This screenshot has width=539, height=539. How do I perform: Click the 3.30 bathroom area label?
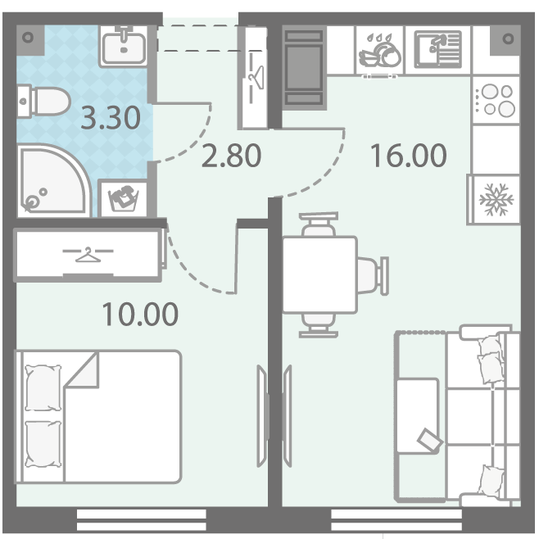[x=111, y=118]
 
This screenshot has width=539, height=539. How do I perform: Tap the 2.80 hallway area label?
[x=231, y=156]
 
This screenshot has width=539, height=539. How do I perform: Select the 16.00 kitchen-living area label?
[x=409, y=156]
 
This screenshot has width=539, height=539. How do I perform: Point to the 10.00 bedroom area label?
[x=140, y=315]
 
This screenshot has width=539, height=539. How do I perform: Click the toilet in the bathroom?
[x=43, y=102]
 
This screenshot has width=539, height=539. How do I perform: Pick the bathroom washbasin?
[x=124, y=47]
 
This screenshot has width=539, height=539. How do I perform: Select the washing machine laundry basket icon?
[x=124, y=198]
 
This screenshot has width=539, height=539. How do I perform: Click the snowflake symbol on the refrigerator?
[x=496, y=200]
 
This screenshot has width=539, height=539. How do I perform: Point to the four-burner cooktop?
[x=496, y=100]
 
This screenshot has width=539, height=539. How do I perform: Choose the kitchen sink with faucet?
[x=438, y=49]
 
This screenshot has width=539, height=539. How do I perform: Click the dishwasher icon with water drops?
[x=379, y=50]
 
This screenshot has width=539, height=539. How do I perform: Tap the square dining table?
[x=319, y=275]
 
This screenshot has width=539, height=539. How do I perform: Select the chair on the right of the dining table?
[x=373, y=275]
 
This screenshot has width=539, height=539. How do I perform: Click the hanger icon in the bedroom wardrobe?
[x=88, y=255]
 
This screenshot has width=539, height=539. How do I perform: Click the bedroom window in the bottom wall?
[x=141, y=519]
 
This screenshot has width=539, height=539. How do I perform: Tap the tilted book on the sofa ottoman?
[x=430, y=439]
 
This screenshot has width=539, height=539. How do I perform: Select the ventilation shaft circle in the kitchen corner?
[x=508, y=38]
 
